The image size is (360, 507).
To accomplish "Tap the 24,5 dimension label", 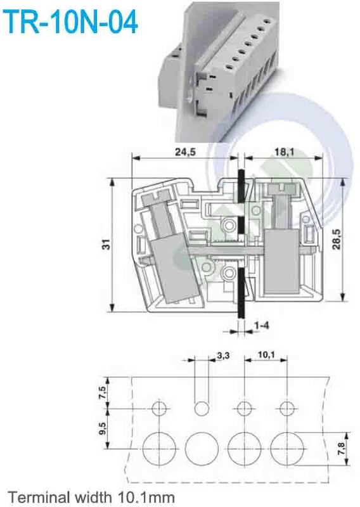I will pyautogui.click(x=183, y=151).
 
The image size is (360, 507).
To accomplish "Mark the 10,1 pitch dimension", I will pyautogui.click(x=266, y=356).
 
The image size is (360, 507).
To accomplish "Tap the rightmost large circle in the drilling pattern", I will pyautogui.click(x=287, y=447).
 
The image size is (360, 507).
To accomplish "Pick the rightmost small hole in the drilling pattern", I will pyautogui.click(x=287, y=408).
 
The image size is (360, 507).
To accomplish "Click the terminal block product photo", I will pyautogui.click(x=219, y=70).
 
